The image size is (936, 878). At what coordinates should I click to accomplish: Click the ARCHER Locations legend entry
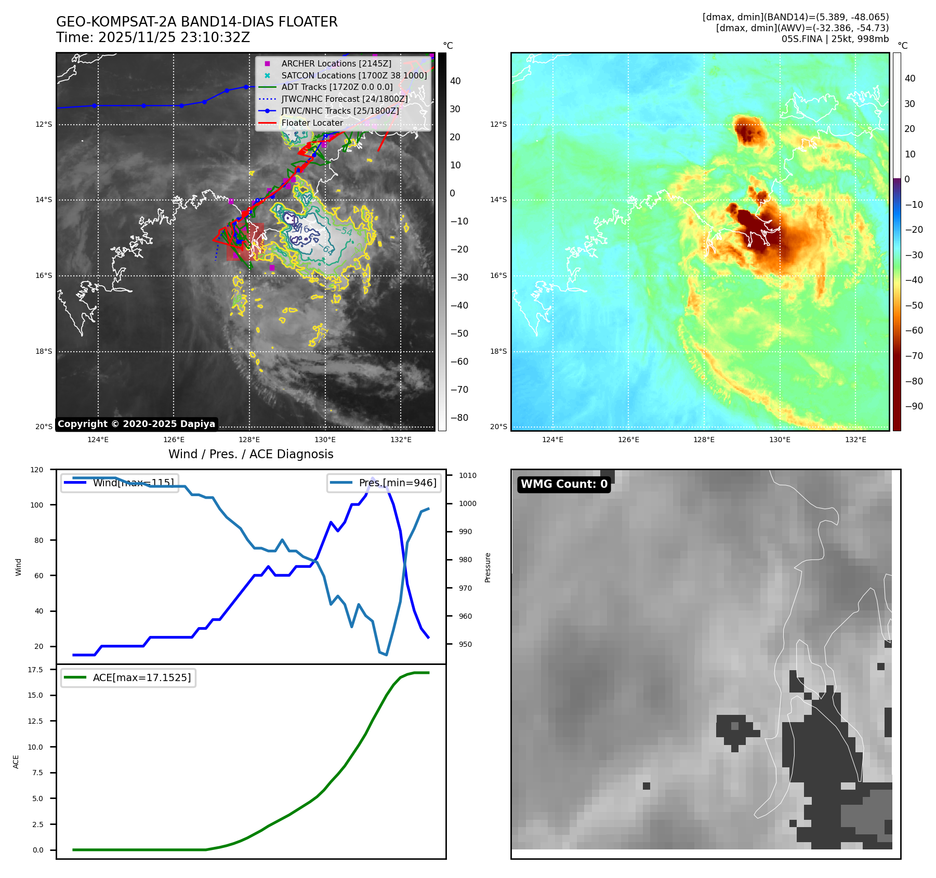(x=336, y=63)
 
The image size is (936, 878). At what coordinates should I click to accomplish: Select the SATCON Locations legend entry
(x=354, y=75)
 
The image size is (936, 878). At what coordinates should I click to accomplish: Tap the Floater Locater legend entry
(x=312, y=123)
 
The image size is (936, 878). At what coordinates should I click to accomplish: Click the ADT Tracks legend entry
(x=337, y=87)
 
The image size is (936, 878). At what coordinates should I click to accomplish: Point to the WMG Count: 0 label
(x=564, y=484)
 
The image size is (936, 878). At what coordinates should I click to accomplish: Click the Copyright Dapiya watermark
(x=136, y=424)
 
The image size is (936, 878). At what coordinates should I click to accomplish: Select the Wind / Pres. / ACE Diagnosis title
(x=251, y=454)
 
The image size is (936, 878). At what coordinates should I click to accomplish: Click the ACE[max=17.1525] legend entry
(x=141, y=677)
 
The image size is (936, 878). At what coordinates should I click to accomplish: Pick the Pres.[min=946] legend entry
(x=398, y=483)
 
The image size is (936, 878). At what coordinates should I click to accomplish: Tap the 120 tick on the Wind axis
(x=37, y=470)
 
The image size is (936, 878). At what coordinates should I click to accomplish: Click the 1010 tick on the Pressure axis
(x=468, y=475)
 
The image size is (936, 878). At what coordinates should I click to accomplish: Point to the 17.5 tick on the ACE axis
(x=35, y=670)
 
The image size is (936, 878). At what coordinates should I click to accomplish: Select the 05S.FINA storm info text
(x=835, y=39)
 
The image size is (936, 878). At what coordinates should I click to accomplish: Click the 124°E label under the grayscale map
(x=98, y=440)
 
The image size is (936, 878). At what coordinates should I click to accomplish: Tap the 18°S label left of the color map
(x=498, y=351)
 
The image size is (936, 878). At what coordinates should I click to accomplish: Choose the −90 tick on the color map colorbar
(x=914, y=406)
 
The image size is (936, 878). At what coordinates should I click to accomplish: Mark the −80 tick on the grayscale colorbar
(x=459, y=418)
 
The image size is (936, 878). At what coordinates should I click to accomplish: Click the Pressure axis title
(x=487, y=567)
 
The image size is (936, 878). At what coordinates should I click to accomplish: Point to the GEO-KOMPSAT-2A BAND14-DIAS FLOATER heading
(x=196, y=22)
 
